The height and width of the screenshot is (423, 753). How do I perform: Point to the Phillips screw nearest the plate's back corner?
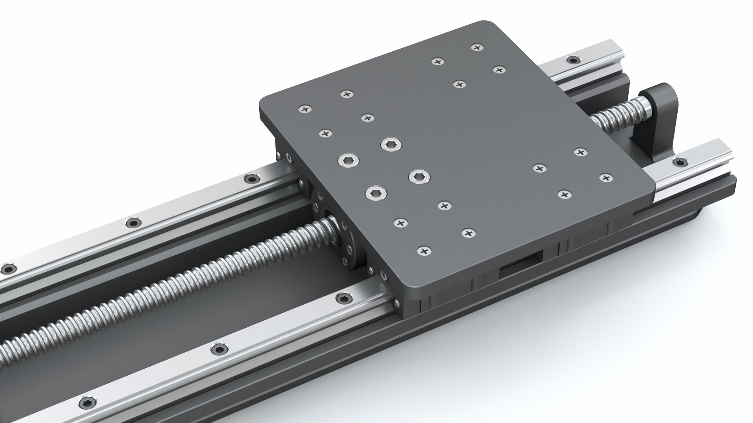[477, 47]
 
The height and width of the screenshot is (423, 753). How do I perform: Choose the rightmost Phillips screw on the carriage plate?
[606, 177]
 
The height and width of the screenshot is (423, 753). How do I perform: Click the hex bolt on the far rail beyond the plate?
[574, 60]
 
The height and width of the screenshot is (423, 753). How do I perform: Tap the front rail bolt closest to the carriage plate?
[343, 297]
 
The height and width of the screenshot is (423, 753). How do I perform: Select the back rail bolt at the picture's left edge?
[7, 269]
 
